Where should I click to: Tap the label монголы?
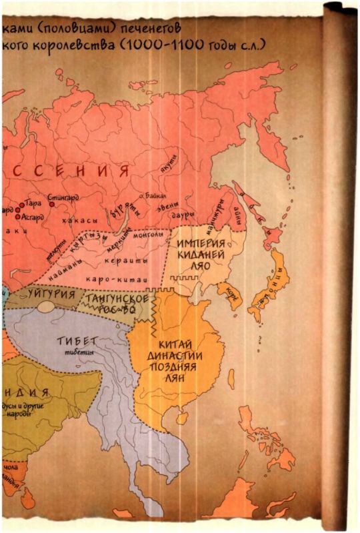click(x=148, y=235)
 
